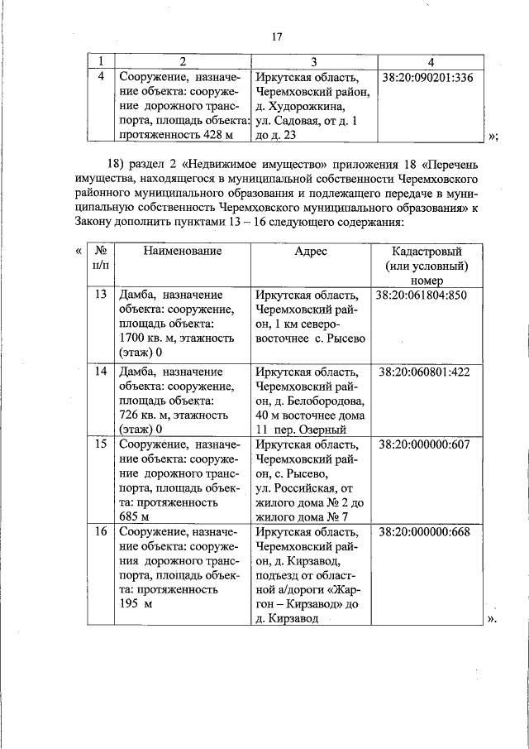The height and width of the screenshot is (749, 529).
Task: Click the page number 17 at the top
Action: pos(277,36)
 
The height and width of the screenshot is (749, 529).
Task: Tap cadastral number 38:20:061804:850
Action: pos(421,294)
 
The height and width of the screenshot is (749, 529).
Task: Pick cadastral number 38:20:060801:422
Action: pos(424,372)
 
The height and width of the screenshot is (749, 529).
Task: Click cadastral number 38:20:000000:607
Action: pos(424,444)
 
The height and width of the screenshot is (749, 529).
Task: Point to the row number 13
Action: pos(101,294)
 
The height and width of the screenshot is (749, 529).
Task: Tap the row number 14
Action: pos(101,372)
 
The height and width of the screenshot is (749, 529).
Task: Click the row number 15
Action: pos(101,444)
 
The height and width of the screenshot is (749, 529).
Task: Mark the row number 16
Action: pos(101,531)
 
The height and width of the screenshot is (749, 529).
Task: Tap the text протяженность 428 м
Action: pos(175,134)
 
